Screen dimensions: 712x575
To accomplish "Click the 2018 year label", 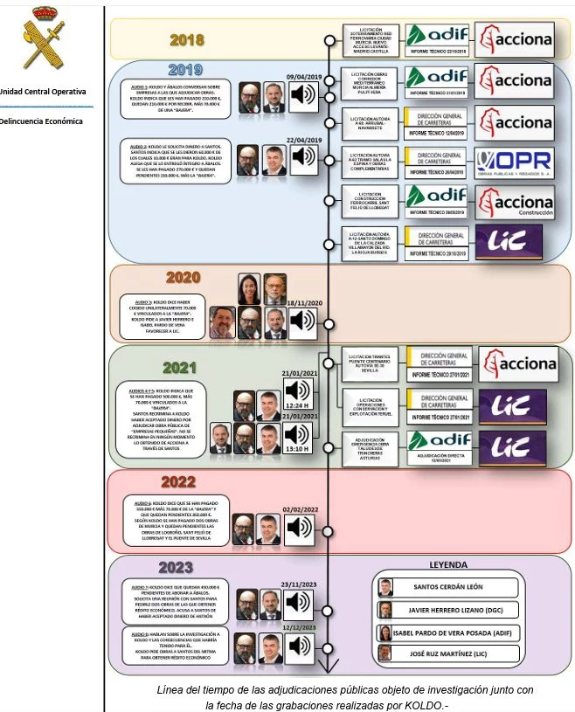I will (186, 39).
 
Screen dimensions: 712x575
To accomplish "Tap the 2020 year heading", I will (183, 278).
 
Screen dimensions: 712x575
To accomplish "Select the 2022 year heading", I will (177, 481).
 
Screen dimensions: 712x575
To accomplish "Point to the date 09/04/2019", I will (303, 76).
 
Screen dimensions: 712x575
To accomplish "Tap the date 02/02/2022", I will (300, 509).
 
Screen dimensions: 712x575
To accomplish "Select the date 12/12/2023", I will (300, 627).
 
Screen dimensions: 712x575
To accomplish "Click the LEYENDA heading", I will (448, 564).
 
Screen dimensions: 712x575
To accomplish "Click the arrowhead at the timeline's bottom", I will (327, 668).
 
